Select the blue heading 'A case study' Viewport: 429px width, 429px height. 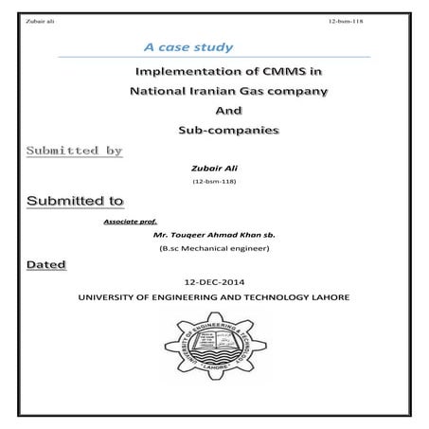point(187,46)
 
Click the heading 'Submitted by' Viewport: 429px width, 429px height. point(75,152)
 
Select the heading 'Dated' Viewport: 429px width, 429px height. point(46,264)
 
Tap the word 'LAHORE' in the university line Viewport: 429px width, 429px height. point(326,297)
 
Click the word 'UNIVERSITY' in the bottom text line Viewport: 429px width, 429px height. point(110,297)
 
